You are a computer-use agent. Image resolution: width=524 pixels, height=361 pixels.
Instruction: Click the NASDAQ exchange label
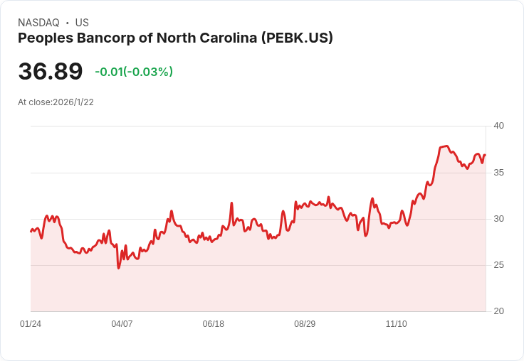tap(38, 23)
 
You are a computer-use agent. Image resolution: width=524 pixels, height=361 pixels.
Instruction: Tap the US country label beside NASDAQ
tap(82, 23)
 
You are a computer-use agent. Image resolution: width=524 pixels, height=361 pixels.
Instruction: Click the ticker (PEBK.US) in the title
tap(297, 38)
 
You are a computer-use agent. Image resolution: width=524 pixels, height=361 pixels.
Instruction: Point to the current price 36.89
tap(51, 71)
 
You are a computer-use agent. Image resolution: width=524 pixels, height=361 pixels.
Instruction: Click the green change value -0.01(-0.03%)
tap(134, 72)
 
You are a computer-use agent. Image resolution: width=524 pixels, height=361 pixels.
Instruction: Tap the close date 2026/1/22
tap(73, 102)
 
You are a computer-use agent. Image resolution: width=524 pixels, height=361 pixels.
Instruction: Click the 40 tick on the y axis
tap(498, 126)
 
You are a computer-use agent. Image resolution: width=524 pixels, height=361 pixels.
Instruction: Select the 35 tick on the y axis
tap(498, 173)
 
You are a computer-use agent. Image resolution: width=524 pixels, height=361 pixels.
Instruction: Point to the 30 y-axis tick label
tap(498, 219)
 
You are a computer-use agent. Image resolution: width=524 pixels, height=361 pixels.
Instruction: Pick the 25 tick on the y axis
tap(498, 265)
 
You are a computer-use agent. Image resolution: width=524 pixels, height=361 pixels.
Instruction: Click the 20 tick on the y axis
tap(498, 311)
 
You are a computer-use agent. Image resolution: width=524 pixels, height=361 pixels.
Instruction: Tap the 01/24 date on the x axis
tap(31, 324)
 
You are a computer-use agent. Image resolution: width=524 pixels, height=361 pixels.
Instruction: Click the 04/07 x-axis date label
tap(122, 324)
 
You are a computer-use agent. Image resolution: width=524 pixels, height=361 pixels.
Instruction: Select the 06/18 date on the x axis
tap(213, 324)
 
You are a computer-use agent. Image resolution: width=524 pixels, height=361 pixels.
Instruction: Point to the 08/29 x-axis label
tap(305, 324)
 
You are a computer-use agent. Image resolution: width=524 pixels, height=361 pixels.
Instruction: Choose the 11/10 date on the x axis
tap(396, 324)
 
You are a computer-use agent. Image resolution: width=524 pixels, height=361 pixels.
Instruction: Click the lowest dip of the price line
tap(119, 268)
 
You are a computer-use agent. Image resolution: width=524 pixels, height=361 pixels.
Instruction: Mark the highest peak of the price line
tap(446, 146)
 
